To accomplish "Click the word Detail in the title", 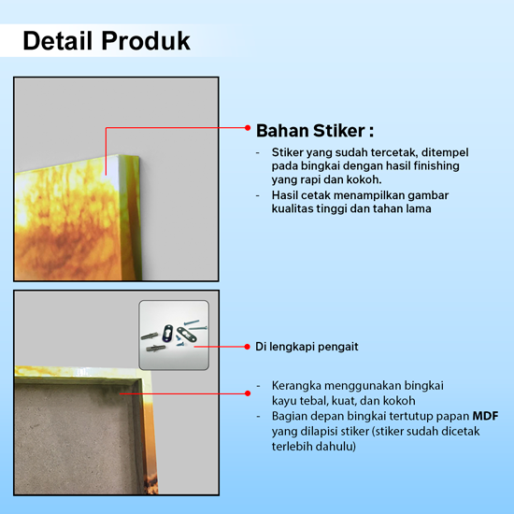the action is [x=57, y=41].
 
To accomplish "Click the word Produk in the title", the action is [x=146, y=41].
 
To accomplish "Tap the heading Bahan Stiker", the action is [x=315, y=131].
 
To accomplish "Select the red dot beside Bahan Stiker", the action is [x=248, y=127].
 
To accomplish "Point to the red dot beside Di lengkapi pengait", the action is [x=247, y=347].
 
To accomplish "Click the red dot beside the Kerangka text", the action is [x=248, y=393].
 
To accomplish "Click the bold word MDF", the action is [x=485, y=416].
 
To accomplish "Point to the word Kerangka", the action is [x=296, y=386].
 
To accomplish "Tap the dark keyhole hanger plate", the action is [x=167, y=333].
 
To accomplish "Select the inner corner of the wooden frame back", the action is [x=142, y=379].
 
